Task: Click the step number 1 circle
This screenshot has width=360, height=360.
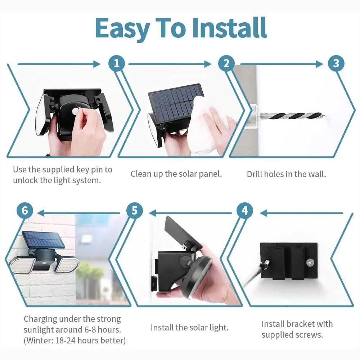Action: coord(117,63)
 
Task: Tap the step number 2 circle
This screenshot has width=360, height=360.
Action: coord(226,63)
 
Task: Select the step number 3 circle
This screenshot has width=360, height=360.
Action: coord(336,63)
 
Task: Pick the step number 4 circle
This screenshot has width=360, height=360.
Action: coord(245,210)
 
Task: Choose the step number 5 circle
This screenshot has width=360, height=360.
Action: coord(135,210)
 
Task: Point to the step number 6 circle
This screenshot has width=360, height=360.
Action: coord(25,210)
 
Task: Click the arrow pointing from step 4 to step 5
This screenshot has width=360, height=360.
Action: coord(190,213)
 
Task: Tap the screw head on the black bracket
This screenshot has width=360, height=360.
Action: coord(310,262)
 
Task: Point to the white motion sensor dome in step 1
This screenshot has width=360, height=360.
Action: coord(76,111)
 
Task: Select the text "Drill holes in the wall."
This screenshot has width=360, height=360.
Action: coord(286,174)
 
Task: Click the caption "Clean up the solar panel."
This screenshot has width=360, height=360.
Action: coord(176,174)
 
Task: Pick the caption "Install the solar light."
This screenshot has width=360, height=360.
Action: coord(190,327)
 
